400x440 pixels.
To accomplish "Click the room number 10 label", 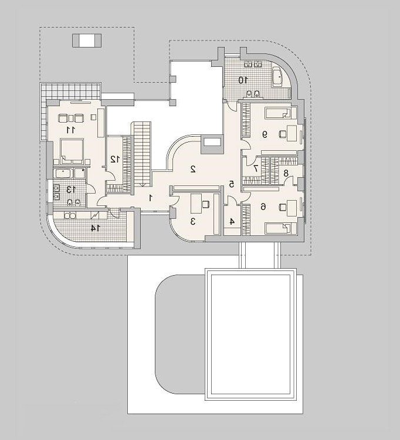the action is [243, 80].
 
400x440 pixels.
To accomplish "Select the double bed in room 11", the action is [72, 151].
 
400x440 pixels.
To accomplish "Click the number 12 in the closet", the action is [115, 160].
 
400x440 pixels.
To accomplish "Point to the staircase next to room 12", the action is [142, 154].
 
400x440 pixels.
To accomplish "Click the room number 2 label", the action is [193, 169].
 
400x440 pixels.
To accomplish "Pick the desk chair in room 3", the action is [206, 204].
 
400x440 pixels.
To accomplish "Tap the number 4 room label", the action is [232, 221].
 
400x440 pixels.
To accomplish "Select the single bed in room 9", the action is [281, 113].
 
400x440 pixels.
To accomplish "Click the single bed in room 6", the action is [281, 228].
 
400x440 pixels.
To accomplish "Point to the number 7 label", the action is [255, 168].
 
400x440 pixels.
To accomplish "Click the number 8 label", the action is [286, 173].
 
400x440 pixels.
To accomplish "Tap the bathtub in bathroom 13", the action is [63, 173].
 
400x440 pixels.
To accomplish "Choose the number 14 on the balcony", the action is [95, 228].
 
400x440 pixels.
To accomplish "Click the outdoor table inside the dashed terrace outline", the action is [87, 40].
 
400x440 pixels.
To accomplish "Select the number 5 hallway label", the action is [232, 184].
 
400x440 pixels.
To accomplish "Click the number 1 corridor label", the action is [151, 198].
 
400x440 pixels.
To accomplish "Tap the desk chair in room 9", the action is [283, 134].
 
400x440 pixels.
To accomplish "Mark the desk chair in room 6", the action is [283, 207].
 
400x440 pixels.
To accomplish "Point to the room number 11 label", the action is [71, 130].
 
